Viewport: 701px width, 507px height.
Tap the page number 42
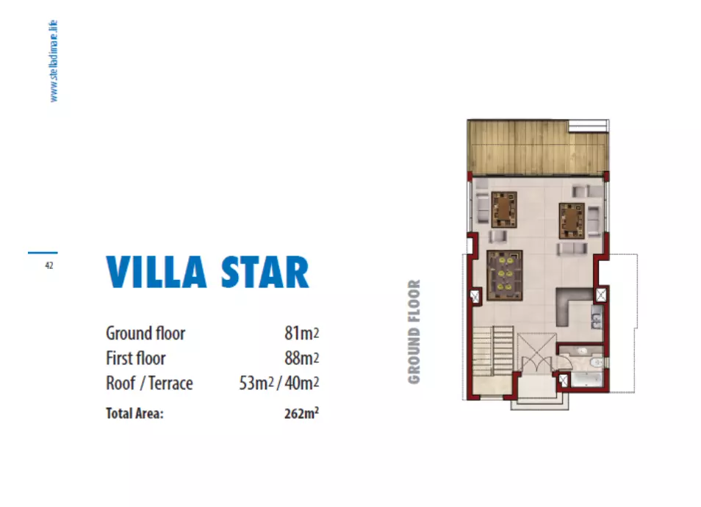click(48, 266)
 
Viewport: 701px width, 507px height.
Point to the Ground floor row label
click(145, 334)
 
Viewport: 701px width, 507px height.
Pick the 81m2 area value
click(301, 334)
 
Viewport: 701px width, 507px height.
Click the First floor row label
click(136, 359)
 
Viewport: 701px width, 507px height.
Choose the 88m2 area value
click(301, 359)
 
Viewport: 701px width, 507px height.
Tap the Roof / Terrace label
click(149, 384)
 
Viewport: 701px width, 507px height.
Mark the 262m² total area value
click(301, 413)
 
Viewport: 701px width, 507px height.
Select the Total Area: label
click(134, 413)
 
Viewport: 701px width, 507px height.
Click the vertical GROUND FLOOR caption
click(414, 331)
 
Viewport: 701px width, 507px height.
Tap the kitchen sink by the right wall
click(597, 317)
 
